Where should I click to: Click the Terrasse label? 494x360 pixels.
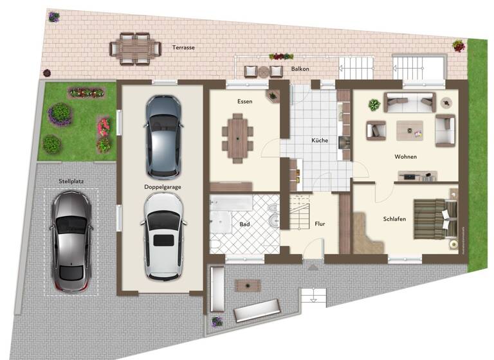(183, 48)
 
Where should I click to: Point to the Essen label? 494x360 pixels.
(244, 102)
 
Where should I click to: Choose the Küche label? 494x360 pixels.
(320, 140)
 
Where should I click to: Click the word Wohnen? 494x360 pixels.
(406, 157)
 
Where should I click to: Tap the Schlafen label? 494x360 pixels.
(394, 219)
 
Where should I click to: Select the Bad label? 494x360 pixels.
(244, 224)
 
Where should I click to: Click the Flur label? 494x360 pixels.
(320, 224)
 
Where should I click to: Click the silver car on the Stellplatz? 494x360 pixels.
(71, 239)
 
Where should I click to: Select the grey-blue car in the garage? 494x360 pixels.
(163, 136)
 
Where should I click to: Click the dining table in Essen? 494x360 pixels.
(237, 136)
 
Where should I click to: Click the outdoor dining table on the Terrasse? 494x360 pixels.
(136, 48)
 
